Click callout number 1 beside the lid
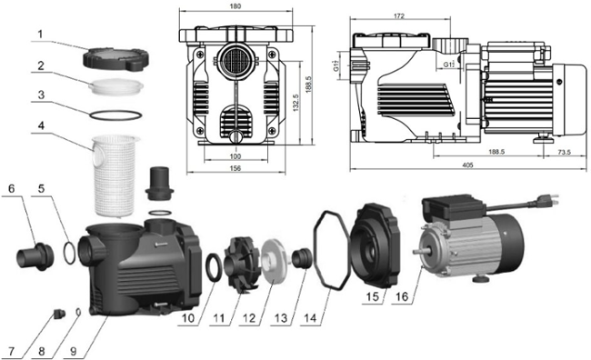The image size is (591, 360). click(x=41, y=35)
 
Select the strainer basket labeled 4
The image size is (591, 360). click(x=110, y=176)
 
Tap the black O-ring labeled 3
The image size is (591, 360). click(x=115, y=115)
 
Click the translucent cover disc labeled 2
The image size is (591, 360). click(x=115, y=86)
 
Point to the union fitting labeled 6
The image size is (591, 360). click(x=35, y=256)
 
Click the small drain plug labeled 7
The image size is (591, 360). click(x=59, y=314)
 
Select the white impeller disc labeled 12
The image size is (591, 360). click(x=274, y=261)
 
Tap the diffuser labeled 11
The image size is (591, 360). click(x=242, y=264)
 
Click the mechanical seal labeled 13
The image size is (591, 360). click(x=303, y=258)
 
